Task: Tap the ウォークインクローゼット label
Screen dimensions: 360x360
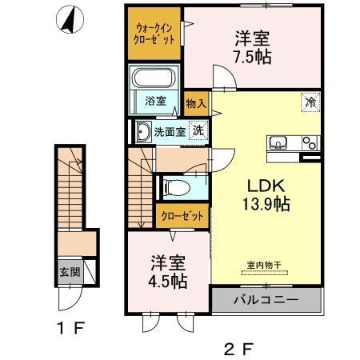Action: [x=155, y=34]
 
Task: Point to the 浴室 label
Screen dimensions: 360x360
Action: [x=156, y=102]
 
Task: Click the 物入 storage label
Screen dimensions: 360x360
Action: [x=196, y=102]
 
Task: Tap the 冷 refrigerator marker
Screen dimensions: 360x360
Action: [x=308, y=102]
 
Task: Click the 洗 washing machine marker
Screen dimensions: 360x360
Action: [x=196, y=131]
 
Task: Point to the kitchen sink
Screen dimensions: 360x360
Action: [x=279, y=143]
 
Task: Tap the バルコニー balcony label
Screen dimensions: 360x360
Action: [x=266, y=302]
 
